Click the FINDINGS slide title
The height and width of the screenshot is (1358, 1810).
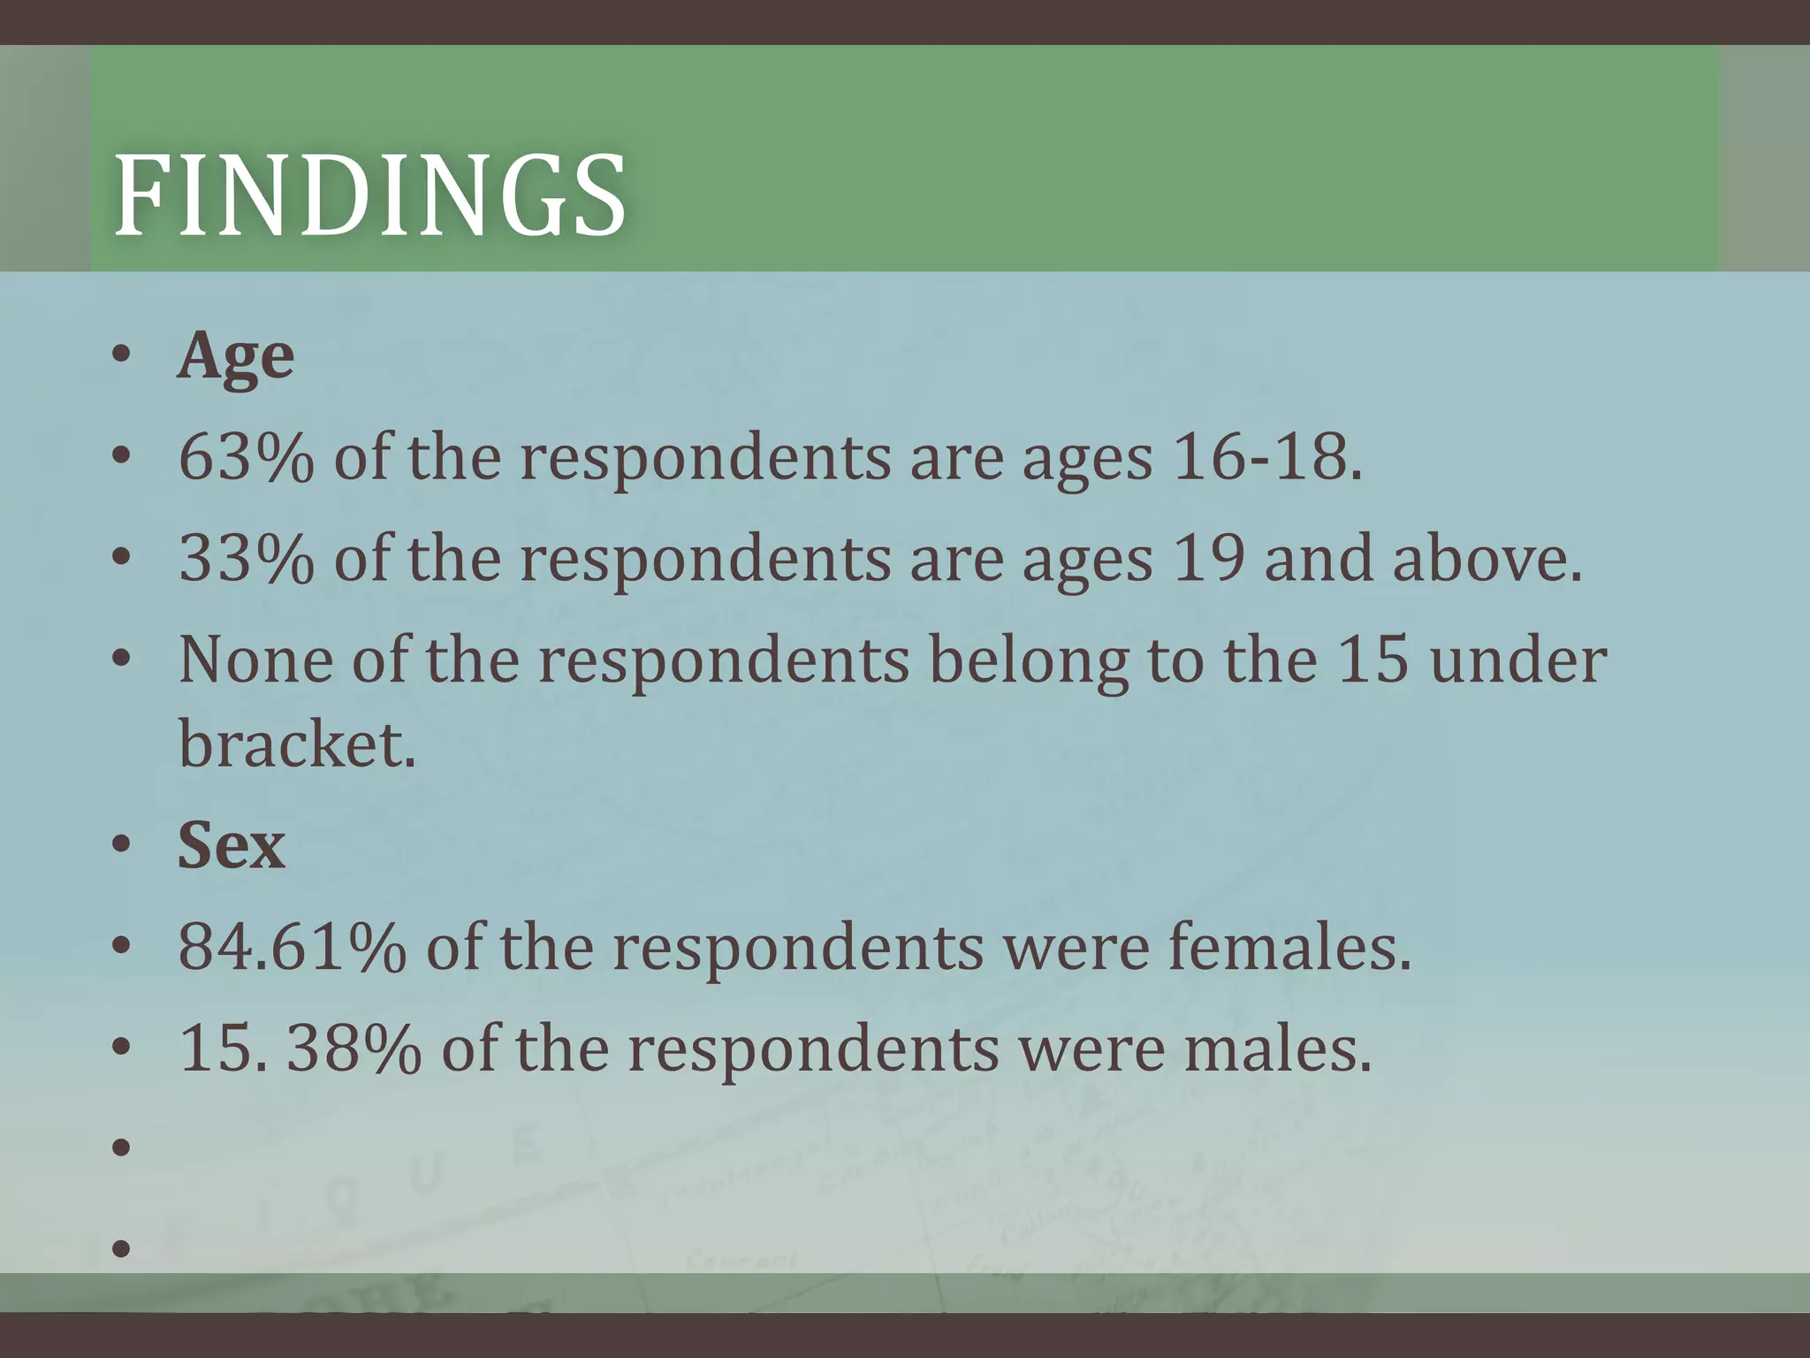(x=370, y=195)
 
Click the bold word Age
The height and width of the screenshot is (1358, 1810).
(x=235, y=358)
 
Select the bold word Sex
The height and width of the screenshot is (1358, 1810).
(x=232, y=846)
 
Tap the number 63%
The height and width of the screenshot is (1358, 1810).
(x=246, y=458)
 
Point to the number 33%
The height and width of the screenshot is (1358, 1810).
(x=246, y=560)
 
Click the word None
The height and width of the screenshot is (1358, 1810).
(x=255, y=660)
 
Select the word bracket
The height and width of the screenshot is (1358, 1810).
(x=296, y=744)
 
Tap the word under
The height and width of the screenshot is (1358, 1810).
(x=1518, y=660)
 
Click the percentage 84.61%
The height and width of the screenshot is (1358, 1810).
(x=292, y=948)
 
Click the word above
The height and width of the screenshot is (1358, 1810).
(x=1487, y=560)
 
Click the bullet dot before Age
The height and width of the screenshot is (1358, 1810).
(x=122, y=355)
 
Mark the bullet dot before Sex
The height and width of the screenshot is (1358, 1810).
(x=122, y=845)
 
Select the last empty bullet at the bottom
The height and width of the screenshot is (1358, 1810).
(x=122, y=1249)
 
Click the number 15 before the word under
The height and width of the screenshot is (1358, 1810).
(x=1373, y=660)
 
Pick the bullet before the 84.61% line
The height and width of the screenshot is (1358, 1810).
(x=122, y=947)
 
